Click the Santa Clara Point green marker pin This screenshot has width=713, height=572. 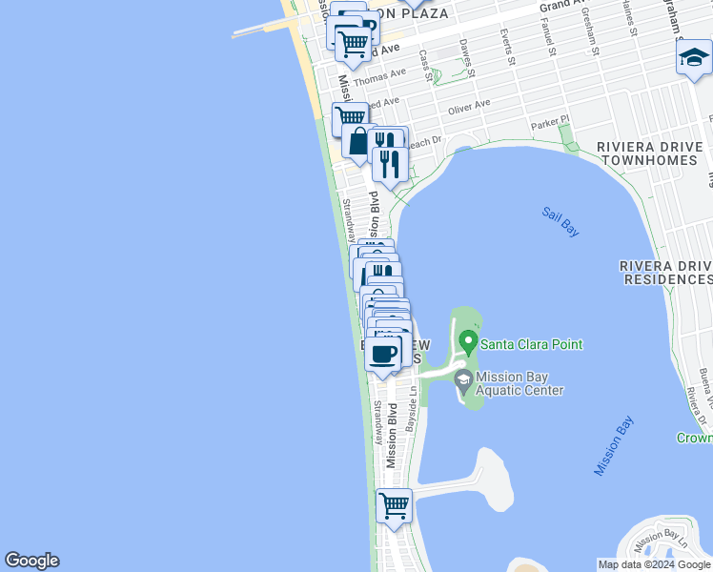pyautogui.click(x=467, y=341)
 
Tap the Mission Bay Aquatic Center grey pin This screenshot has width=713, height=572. pyautogui.click(x=463, y=382)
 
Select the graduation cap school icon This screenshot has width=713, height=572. pyautogui.click(x=693, y=60)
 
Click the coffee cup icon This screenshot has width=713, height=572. pyautogui.click(x=383, y=355)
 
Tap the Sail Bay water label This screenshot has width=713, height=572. pyautogui.click(x=560, y=222)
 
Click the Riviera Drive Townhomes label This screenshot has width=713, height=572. pyautogui.click(x=650, y=153)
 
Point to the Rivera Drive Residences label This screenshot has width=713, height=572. pyautogui.click(x=665, y=272)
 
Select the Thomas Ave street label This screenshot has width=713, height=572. pyautogui.click(x=380, y=74)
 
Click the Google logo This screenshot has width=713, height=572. pyautogui.click(x=31, y=561)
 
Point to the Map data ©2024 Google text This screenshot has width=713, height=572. pyautogui.click(x=653, y=564)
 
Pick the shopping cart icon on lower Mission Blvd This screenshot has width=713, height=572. pyautogui.click(x=394, y=505)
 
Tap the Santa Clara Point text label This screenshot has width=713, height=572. pyautogui.click(x=531, y=344)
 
